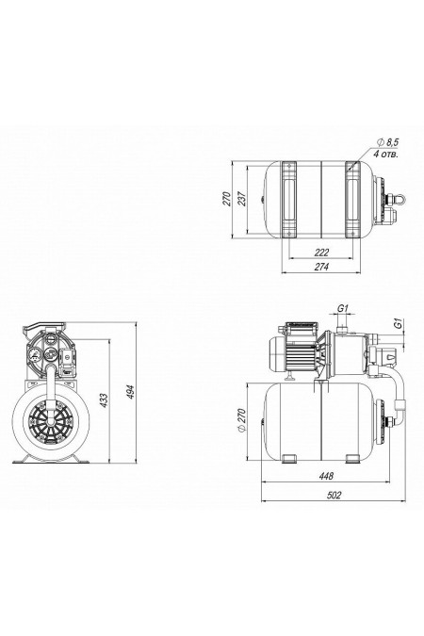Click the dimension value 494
(131, 392)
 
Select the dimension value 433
(104, 400)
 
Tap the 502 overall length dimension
(334, 496)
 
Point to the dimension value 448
(326, 476)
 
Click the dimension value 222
(321, 253)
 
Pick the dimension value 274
(321, 267)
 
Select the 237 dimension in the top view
(242, 199)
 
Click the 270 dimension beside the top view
(227, 199)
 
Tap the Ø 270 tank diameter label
(241, 420)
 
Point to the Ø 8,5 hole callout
(388, 141)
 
